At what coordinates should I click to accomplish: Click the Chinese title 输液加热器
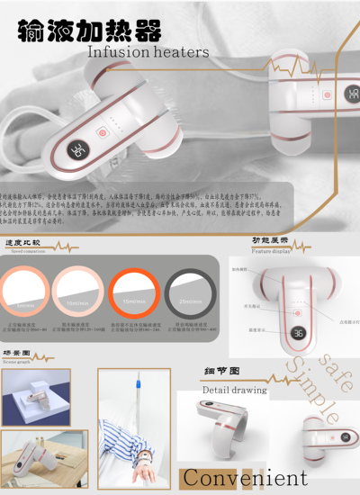pyautogui.click(x=89, y=31)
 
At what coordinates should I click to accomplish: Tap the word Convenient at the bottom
pyautogui.click(x=245, y=478)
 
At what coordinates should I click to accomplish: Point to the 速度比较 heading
pyautogui.click(x=26, y=243)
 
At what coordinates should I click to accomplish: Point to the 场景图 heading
pyautogui.click(x=18, y=354)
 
